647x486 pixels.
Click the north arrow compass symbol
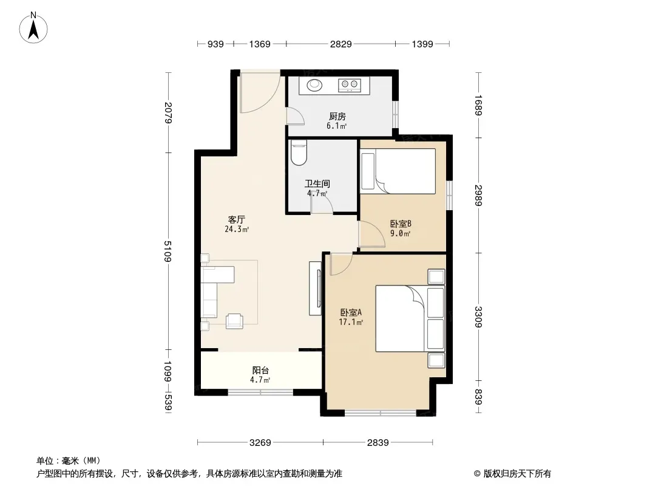pos(33,28)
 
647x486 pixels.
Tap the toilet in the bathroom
pos(299,152)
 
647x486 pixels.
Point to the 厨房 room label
pos(337,117)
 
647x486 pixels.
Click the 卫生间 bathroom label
pos(317,183)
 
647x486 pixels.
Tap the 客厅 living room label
pos(237,219)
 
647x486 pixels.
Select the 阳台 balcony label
pos(260,371)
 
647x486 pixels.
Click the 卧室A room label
pos(351,313)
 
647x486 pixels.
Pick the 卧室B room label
pos(401,224)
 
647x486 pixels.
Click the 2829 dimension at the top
pos(341,44)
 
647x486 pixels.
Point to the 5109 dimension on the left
pos(167,251)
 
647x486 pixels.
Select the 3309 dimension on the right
pos(478,317)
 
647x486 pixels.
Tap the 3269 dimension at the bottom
pos(260,443)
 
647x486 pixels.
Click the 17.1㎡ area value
pos(351,322)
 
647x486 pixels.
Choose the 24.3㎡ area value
pos(237,229)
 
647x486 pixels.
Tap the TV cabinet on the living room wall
pos(315,289)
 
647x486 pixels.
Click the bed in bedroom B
pos(398,171)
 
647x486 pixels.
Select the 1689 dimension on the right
pos(478,105)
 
